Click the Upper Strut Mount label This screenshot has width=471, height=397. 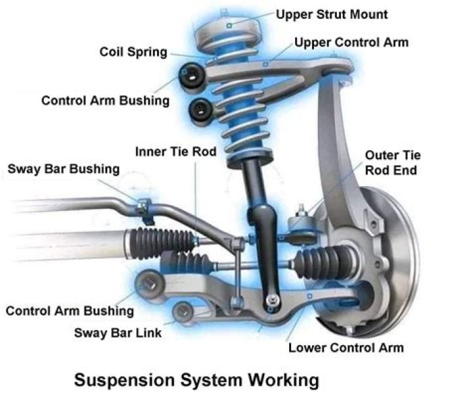click(x=332, y=14)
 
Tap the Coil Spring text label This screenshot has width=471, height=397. click(x=133, y=51)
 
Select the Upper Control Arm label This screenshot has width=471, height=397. click(x=351, y=43)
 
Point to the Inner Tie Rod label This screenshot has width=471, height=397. click(x=176, y=151)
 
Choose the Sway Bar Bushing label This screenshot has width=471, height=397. click(x=63, y=169)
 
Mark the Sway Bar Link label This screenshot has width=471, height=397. click(x=118, y=332)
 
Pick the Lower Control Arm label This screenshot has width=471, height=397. click(x=346, y=347)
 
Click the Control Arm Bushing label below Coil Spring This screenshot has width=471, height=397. click(x=105, y=101)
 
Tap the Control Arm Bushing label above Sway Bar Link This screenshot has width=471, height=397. click(x=70, y=311)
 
